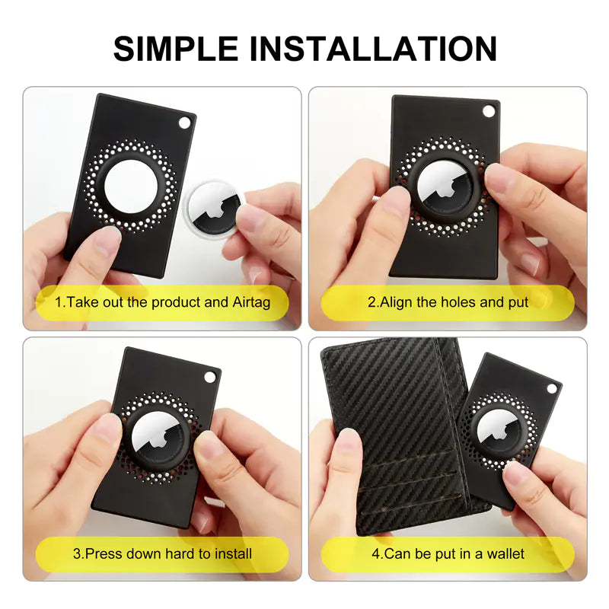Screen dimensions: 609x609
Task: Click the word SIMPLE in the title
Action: point(176,49)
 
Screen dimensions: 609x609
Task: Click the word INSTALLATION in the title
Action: point(373,49)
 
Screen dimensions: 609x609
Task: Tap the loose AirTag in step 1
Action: point(215,209)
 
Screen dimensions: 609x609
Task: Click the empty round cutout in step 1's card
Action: point(131,187)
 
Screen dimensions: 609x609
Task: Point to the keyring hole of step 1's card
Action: point(185,123)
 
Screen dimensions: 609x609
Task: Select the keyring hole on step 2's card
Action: point(489,111)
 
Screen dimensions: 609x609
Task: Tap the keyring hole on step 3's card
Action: point(210,377)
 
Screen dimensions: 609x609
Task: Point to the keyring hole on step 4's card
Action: point(551,388)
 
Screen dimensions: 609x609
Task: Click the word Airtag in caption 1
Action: point(251,302)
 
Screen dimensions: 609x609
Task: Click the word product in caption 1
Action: point(176,302)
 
